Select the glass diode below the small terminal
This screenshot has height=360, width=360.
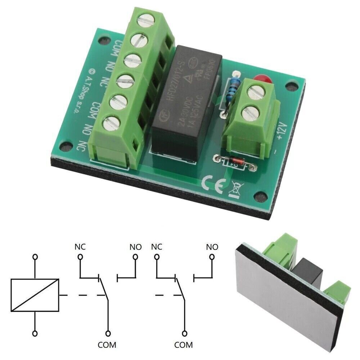click(236, 163)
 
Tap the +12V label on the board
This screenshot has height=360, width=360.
click(282, 132)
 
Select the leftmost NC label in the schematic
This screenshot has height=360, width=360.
click(80, 247)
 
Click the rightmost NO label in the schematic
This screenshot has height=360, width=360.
click(212, 247)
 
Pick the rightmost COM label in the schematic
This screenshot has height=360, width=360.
click(184, 345)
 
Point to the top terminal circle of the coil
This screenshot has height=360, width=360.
click(35, 257)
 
